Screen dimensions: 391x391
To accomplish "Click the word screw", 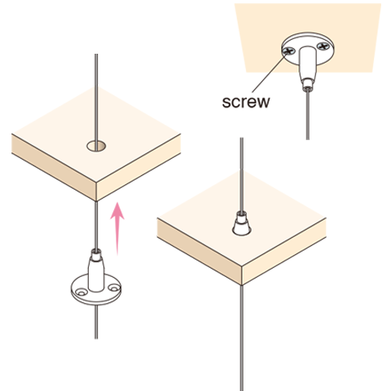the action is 246,103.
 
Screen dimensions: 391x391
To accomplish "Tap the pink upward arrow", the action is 117,229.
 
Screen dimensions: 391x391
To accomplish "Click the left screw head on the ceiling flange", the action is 289,51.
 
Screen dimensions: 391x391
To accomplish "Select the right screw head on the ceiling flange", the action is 323,46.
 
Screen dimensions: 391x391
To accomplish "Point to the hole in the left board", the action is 96,146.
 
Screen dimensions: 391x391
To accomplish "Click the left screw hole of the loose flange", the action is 80,292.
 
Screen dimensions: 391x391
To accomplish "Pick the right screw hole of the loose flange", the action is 114,287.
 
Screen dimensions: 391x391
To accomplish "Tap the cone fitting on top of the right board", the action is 242,223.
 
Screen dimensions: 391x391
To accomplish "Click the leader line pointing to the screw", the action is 269,72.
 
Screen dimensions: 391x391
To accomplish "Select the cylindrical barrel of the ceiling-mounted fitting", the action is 308,63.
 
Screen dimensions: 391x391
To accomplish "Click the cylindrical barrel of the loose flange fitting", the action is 96,274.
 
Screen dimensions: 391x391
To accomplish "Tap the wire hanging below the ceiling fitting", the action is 307,116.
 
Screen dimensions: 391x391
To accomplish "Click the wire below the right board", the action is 242,338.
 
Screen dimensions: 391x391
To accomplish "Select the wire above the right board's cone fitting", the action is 242,174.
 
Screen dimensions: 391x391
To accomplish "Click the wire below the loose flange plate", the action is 96,323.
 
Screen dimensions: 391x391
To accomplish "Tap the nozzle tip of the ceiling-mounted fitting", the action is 307,85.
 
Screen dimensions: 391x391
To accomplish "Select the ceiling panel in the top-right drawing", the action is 308,37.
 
